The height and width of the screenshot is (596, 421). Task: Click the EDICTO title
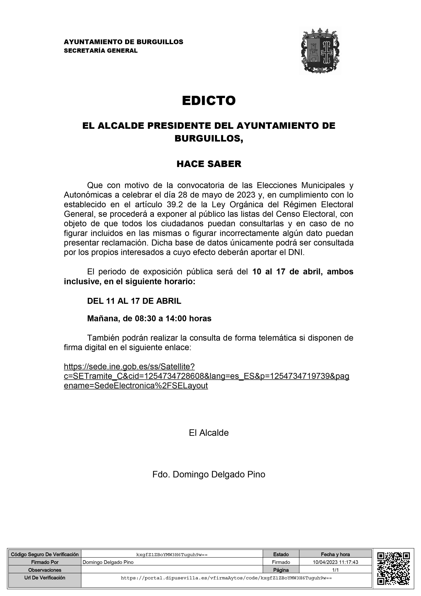click(x=209, y=101)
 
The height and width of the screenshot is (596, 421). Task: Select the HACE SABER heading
click(x=209, y=164)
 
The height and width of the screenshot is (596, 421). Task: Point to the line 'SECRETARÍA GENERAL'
click(x=101, y=51)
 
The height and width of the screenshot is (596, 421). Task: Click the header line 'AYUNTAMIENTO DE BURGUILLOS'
click(x=123, y=42)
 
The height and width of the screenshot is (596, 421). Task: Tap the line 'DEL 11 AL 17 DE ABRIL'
click(x=134, y=301)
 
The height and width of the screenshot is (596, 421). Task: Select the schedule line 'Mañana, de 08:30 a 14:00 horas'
click(x=149, y=319)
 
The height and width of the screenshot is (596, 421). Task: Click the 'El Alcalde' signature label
click(x=209, y=433)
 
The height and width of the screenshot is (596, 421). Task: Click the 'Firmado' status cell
click(x=281, y=562)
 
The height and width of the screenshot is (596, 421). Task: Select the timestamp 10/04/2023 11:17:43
click(x=335, y=562)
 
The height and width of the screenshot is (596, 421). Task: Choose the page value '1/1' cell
click(x=335, y=570)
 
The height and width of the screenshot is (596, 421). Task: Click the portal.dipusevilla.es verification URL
click(x=226, y=578)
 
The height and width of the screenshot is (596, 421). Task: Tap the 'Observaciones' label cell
click(x=45, y=570)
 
